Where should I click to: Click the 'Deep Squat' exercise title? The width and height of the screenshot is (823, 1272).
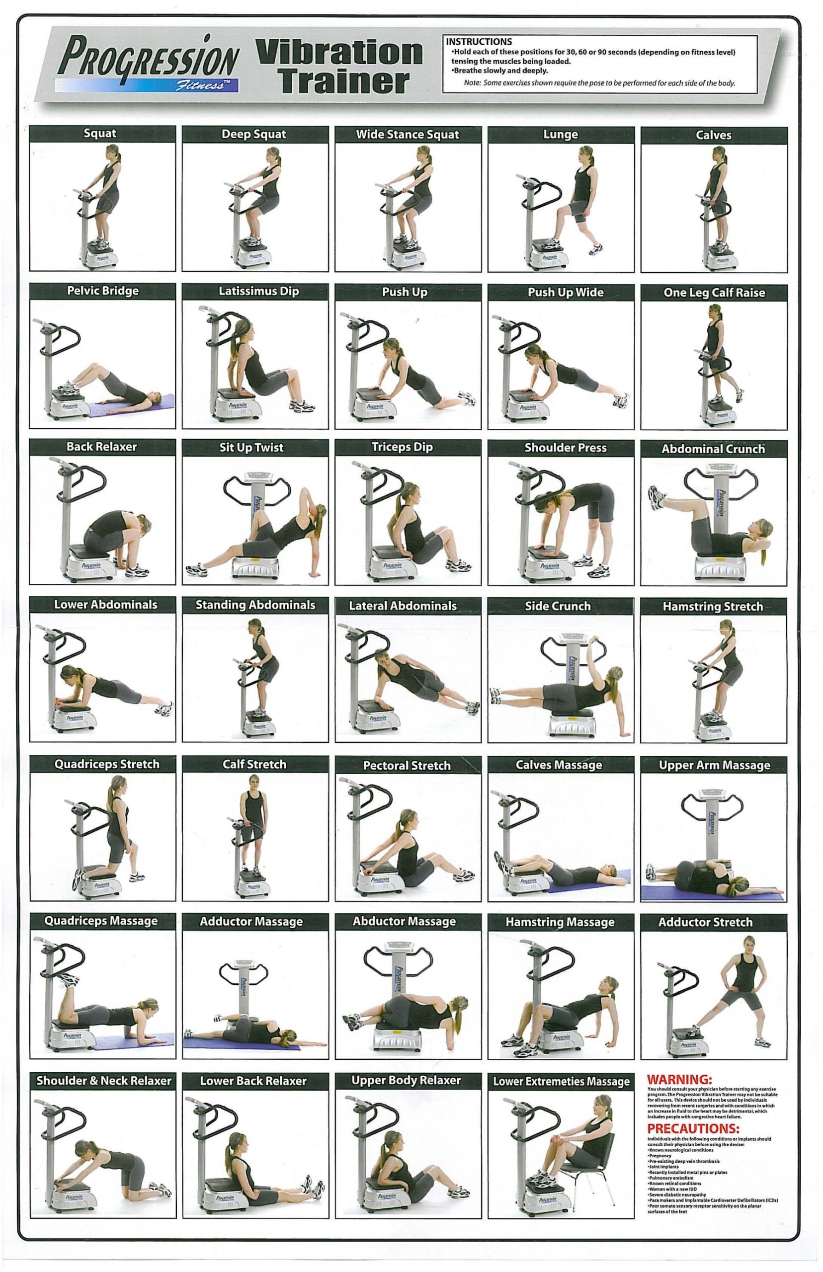click(254, 134)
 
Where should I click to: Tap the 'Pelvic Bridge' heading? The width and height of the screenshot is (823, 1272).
click(102, 291)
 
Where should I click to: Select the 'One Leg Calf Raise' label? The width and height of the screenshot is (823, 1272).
click(714, 293)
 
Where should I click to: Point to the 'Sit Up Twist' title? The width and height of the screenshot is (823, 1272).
click(251, 448)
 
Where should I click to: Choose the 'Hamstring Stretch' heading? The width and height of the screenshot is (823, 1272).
click(713, 606)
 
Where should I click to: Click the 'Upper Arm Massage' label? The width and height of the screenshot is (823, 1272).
click(715, 765)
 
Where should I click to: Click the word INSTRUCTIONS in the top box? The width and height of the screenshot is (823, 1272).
click(479, 42)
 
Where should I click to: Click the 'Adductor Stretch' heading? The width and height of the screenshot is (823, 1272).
click(705, 922)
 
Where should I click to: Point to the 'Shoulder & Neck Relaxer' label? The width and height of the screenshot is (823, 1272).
click(104, 1081)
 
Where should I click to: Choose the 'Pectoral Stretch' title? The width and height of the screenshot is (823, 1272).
click(407, 766)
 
